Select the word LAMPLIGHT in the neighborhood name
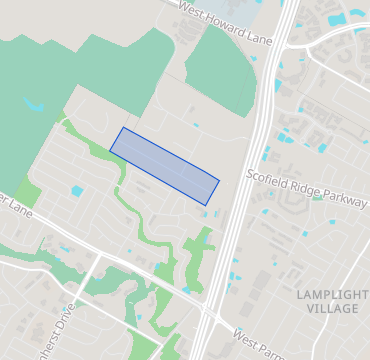point(326,293)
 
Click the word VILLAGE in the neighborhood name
point(326,309)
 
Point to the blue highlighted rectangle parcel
point(164,166)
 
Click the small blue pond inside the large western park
point(35,105)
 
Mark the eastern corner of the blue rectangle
point(219,182)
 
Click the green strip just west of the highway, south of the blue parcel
point(197,255)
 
